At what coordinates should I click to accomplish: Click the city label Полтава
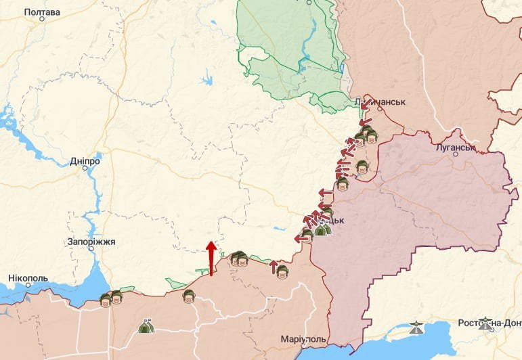click(x=42, y=12)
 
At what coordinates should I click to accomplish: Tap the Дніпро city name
click(x=85, y=162)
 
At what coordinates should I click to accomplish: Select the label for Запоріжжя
click(x=91, y=242)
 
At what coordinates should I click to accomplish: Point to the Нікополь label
click(x=28, y=278)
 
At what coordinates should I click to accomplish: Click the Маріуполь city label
click(x=303, y=338)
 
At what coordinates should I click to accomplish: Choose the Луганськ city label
click(x=453, y=146)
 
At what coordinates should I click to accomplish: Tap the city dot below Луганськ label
click(x=456, y=154)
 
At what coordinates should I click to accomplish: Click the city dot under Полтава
click(x=42, y=19)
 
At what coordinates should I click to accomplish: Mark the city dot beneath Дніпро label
click(x=85, y=168)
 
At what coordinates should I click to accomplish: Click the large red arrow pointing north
click(x=211, y=257)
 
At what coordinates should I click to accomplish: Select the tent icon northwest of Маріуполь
click(x=145, y=327)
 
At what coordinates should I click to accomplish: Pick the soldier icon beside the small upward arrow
click(x=282, y=271)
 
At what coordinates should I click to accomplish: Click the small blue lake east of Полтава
click(x=206, y=82)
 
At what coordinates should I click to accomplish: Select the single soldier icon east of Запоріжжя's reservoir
click(x=189, y=295)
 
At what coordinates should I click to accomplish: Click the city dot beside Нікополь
click(x=28, y=286)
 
